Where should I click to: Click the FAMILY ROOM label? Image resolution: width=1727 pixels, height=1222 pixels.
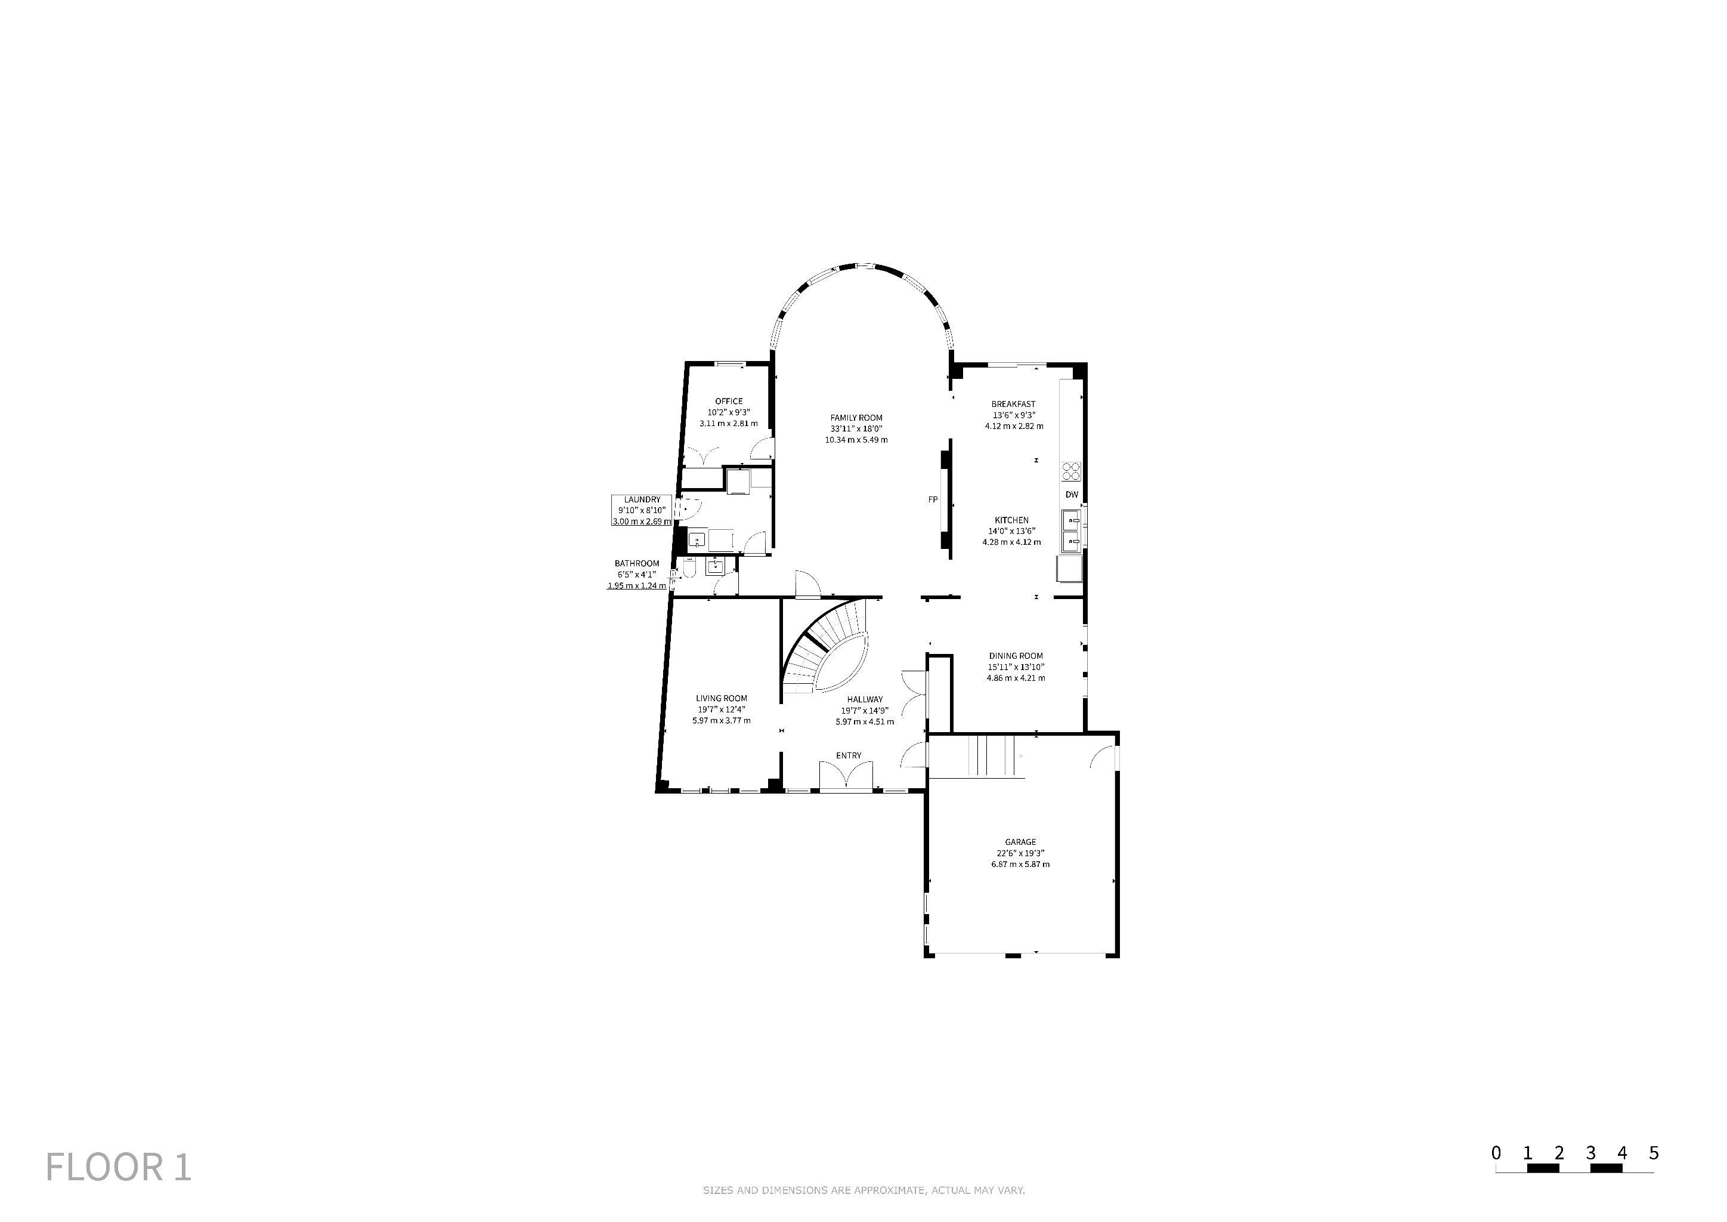click(856, 418)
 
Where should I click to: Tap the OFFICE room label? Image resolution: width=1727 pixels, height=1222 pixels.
click(729, 401)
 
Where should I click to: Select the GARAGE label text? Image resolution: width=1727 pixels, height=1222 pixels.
click(1020, 842)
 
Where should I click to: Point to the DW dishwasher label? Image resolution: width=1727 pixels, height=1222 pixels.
click(1072, 495)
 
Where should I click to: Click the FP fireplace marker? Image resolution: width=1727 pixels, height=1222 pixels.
click(933, 499)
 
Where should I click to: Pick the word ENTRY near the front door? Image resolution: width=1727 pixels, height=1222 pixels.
click(849, 755)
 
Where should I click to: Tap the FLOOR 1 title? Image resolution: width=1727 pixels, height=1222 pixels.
click(119, 1167)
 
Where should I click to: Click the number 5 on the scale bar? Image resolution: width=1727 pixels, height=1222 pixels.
click(1654, 1153)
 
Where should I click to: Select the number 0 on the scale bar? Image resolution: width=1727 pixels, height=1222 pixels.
click(1496, 1153)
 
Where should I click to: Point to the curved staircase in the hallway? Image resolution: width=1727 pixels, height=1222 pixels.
click(826, 649)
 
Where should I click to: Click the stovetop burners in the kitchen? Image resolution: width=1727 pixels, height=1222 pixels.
click(1071, 471)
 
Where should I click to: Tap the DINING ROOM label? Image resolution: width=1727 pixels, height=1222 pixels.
click(1016, 655)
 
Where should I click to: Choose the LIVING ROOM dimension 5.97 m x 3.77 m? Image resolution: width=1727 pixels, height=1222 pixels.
click(722, 720)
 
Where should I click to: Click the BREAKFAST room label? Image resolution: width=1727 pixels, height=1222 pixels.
click(1013, 404)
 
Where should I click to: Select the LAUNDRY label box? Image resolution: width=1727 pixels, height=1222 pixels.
click(642, 510)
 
